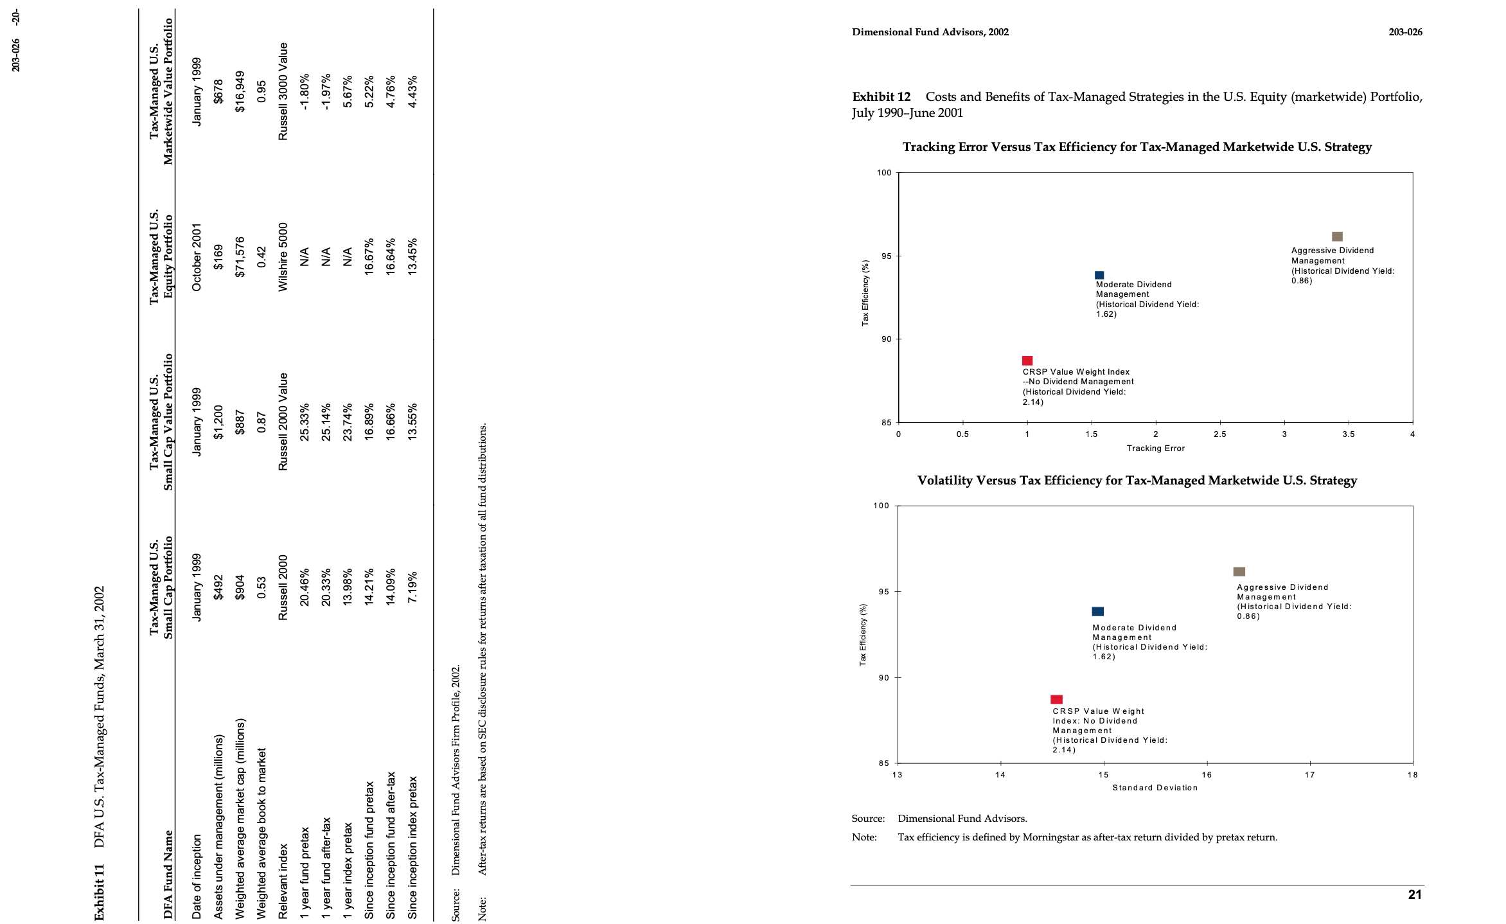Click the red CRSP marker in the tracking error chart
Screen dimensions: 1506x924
point(1027,360)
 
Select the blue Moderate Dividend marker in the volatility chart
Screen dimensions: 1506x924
point(1098,612)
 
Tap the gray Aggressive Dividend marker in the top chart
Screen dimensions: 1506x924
point(1337,236)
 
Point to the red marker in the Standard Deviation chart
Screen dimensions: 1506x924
point(1056,699)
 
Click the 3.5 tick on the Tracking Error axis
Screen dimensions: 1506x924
point(1348,434)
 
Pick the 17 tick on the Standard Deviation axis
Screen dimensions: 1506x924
point(1309,775)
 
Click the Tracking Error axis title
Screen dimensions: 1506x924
point(1155,449)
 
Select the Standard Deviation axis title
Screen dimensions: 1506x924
point(1155,788)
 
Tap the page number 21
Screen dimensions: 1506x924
point(1415,894)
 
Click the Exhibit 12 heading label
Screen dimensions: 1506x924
point(881,97)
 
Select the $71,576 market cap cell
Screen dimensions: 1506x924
point(240,257)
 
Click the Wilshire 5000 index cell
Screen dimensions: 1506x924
point(283,257)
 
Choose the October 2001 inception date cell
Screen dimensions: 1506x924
point(197,257)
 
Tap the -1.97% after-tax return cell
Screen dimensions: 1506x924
point(326,92)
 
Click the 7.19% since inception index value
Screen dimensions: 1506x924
point(412,587)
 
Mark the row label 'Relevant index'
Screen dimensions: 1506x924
point(283,882)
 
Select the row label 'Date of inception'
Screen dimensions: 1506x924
point(197,876)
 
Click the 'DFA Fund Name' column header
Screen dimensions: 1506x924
point(168,875)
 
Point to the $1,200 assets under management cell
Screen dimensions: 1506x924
point(218,422)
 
